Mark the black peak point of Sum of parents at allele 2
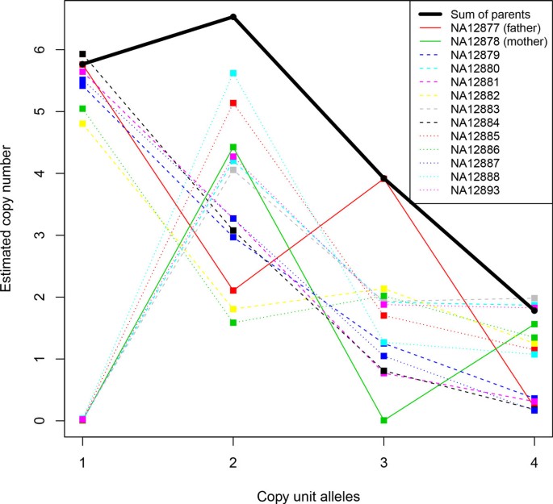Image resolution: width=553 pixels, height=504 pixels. tap(233, 17)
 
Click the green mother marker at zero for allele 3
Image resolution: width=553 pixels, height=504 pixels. tap(383, 420)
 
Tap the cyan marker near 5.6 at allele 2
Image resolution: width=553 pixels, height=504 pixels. tap(233, 73)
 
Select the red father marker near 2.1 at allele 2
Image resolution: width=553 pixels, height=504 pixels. tap(233, 290)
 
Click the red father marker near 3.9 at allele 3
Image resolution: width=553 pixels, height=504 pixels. tap(383, 179)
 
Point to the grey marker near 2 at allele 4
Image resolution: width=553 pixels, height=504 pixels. tap(534, 298)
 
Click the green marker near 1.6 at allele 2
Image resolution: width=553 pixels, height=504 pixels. tap(233, 323)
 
